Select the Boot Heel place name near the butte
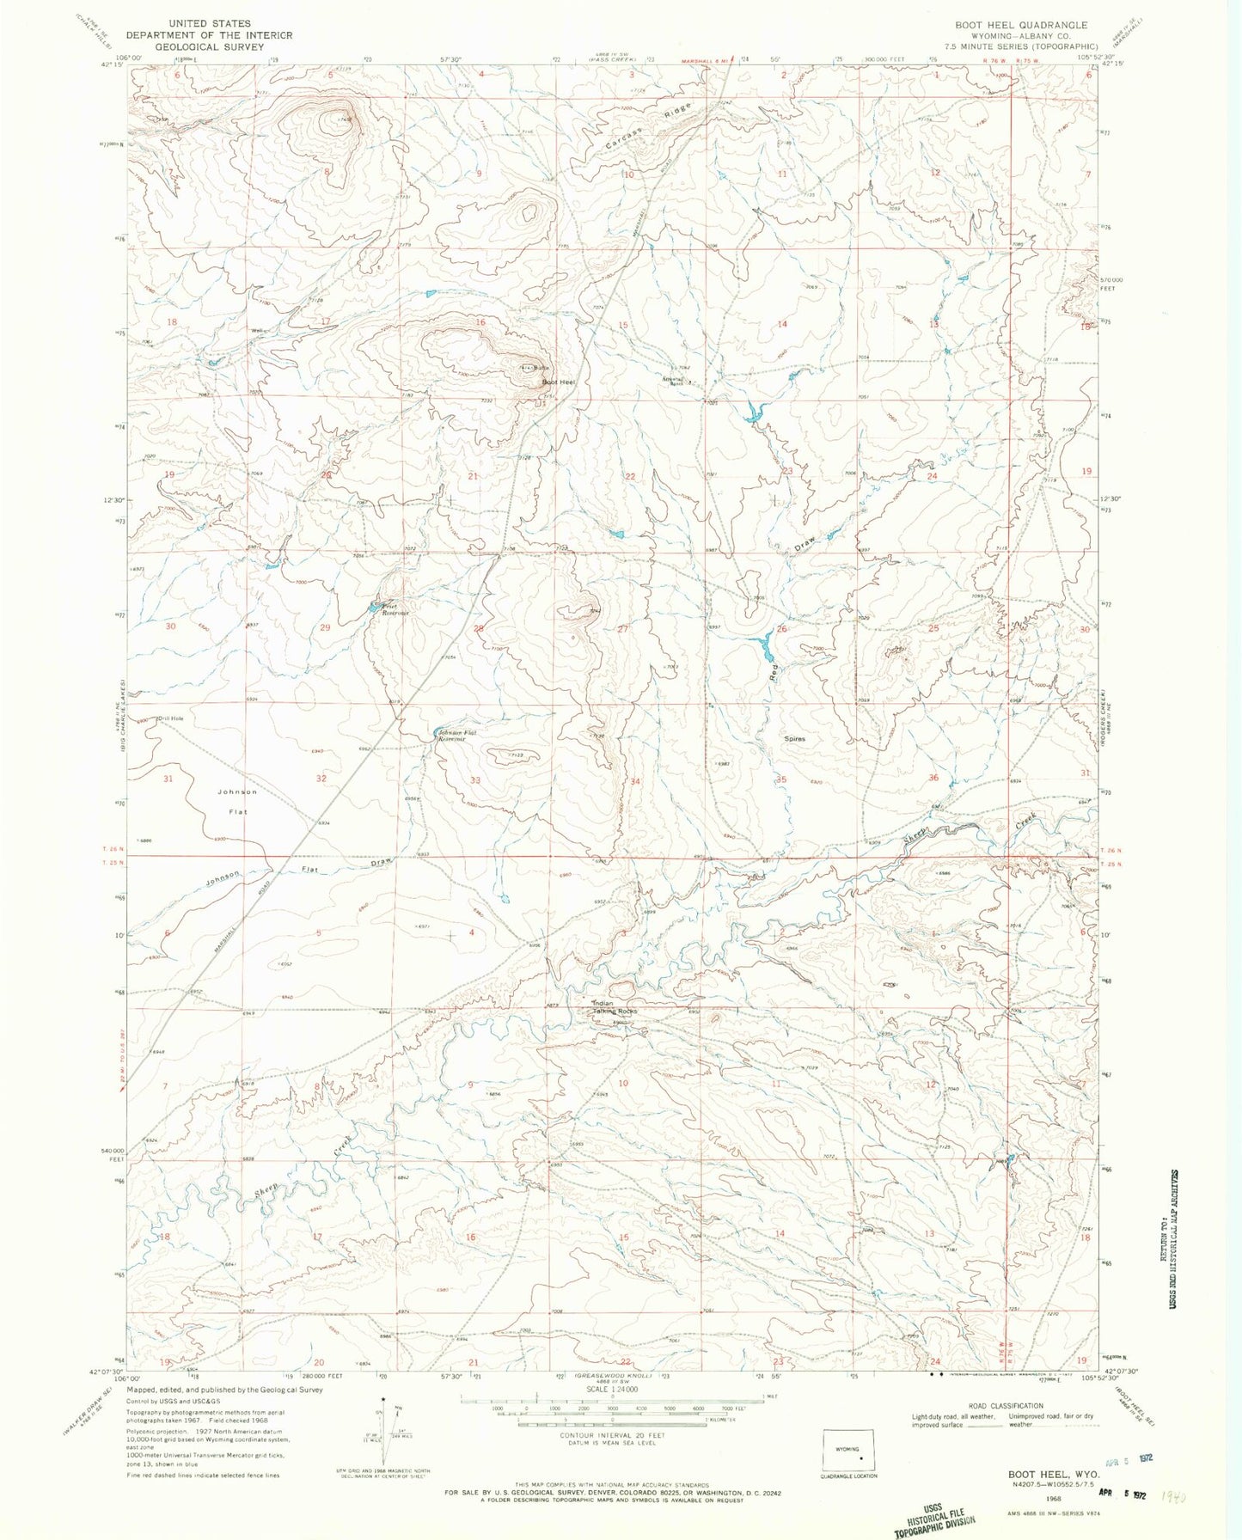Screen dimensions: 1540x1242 coord(558,382)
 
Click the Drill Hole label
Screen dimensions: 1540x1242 coord(170,718)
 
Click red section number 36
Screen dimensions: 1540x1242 coord(933,779)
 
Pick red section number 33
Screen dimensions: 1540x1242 coord(475,780)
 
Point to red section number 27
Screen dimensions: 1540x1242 coord(623,630)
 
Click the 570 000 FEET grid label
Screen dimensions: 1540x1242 coord(1117,284)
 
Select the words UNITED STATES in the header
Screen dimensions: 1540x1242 coord(210,23)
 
